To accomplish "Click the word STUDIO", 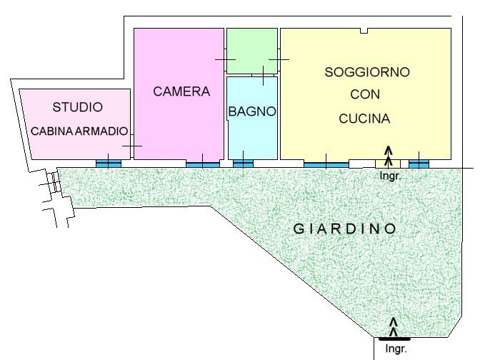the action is tap(77, 107).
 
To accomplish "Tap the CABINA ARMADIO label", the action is tap(79, 131).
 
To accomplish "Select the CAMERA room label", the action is tap(181, 91).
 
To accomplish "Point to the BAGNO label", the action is tap(252, 111).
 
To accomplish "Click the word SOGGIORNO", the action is tap(367, 72).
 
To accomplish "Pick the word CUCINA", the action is tap(364, 119).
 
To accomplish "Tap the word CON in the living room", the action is tap(365, 94).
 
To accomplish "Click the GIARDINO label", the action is tap(345, 229).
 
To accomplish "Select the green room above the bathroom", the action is tap(252, 51).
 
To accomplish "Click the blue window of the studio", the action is tap(109, 164).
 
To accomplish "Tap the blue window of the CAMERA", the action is tap(203, 165).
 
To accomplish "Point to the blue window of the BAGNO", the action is tap(243, 164).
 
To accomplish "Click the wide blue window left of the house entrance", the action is tap(326, 165).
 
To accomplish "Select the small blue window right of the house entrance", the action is tap(419, 164).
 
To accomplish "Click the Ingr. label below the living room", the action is tap(390, 176).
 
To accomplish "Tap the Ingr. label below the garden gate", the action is tap(396, 349).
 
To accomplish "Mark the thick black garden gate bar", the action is tap(394, 339).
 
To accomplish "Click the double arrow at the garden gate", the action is tap(394, 327).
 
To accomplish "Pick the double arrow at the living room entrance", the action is tap(389, 157).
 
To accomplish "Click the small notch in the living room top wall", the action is tap(364, 31).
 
